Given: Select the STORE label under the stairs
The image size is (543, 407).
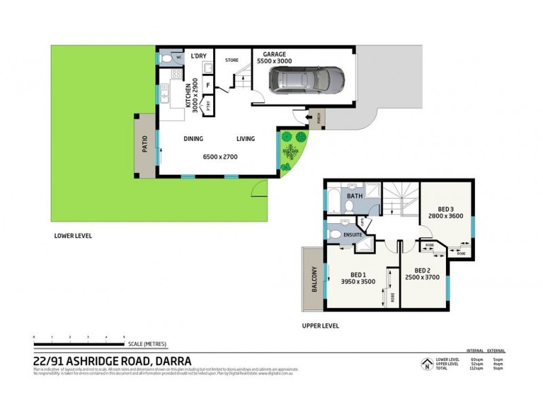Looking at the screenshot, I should (x=232, y=60).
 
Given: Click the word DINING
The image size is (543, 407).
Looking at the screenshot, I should (x=194, y=139).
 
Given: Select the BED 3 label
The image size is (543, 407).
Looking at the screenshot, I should (x=445, y=208).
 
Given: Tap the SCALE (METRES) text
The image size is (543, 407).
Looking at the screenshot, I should (x=146, y=344).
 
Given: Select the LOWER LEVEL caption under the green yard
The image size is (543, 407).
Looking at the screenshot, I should (x=73, y=236).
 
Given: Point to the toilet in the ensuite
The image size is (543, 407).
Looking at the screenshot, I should (x=335, y=234).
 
